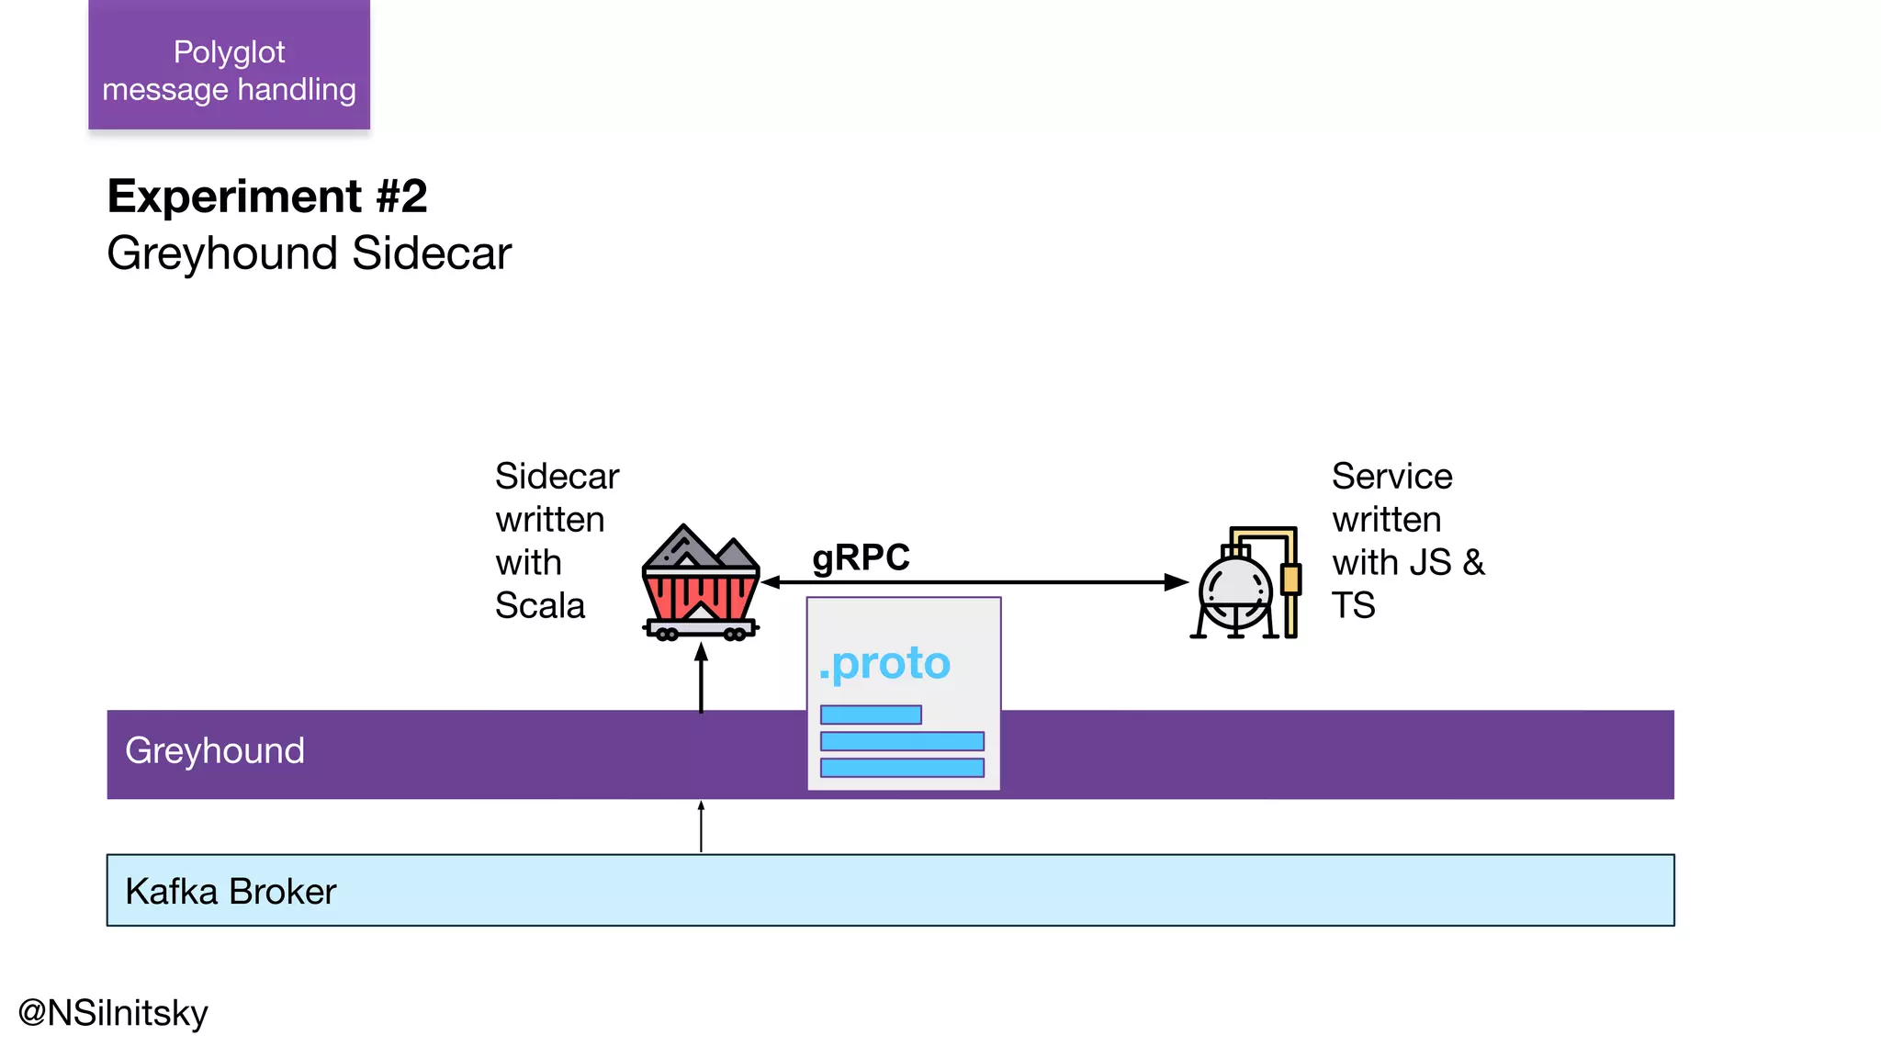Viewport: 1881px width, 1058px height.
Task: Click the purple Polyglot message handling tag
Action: (x=229, y=66)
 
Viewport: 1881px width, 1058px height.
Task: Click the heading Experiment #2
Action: (x=267, y=197)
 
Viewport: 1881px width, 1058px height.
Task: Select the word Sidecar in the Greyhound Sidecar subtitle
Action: (x=431, y=253)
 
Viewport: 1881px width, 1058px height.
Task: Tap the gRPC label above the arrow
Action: (x=860, y=557)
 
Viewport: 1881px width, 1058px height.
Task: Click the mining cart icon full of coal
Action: (x=700, y=584)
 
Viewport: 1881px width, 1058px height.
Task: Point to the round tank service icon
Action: (x=1236, y=591)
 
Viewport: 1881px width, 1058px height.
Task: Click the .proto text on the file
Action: (x=884, y=663)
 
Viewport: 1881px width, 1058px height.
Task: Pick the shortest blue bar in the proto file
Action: (x=871, y=715)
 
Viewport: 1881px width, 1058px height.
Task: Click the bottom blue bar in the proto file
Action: (x=902, y=768)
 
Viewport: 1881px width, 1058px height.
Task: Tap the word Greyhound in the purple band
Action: (x=215, y=751)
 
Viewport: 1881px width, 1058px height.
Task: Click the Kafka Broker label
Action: (x=231, y=892)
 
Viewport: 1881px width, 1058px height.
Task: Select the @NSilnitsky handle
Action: (x=113, y=1013)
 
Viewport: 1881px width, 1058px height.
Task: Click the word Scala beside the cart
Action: (x=539, y=606)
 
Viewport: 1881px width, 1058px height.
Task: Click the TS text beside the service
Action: (x=1353, y=606)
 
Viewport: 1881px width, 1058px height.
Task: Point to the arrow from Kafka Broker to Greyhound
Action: (x=701, y=827)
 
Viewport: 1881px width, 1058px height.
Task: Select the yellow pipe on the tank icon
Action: (x=1290, y=580)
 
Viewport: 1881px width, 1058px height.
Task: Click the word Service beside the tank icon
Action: (x=1391, y=477)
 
